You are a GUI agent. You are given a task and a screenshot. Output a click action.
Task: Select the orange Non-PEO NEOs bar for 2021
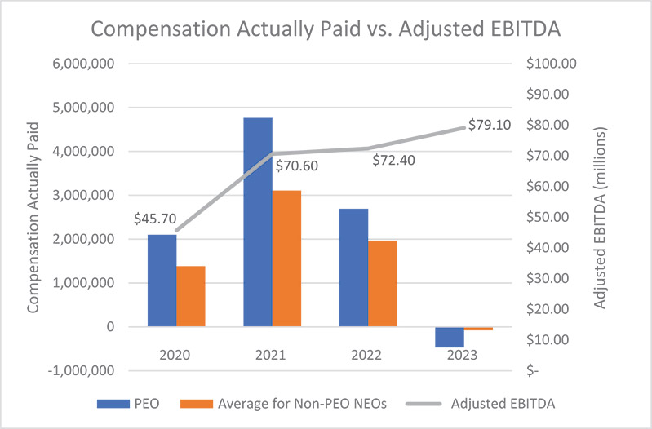coord(286,259)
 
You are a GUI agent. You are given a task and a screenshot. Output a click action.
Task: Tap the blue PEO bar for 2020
coord(162,281)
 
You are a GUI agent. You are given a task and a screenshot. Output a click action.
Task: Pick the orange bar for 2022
coord(382,284)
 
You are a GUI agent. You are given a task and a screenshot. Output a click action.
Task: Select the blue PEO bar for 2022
coord(353,268)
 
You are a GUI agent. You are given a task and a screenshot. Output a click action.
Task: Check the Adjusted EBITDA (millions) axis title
coord(601,217)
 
